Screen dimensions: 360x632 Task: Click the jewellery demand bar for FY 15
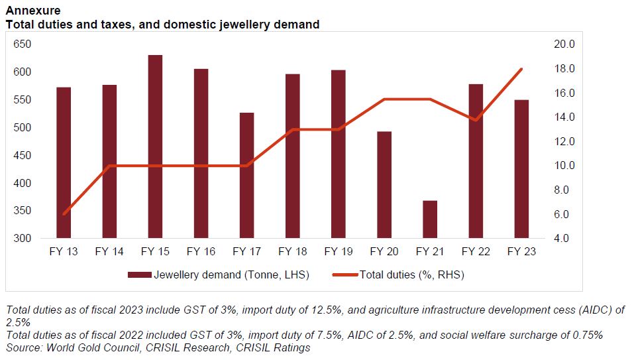click(x=155, y=147)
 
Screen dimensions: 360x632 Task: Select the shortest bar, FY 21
click(x=429, y=219)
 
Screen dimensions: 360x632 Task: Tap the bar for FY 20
click(x=384, y=185)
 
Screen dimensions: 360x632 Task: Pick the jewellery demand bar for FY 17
click(x=246, y=176)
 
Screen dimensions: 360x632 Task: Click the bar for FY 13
click(x=64, y=162)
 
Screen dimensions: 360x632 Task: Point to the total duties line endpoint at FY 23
click(x=521, y=69)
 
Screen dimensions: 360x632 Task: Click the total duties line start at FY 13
click(x=64, y=214)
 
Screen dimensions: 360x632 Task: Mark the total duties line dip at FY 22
click(x=476, y=120)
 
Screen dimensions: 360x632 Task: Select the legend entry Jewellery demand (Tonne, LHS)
click(x=218, y=274)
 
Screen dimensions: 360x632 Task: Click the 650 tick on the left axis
click(x=23, y=44)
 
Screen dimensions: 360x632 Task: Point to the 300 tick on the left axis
click(x=23, y=239)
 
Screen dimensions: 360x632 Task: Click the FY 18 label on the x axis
click(x=292, y=252)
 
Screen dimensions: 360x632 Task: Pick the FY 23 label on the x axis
click(x=521, y=252)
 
